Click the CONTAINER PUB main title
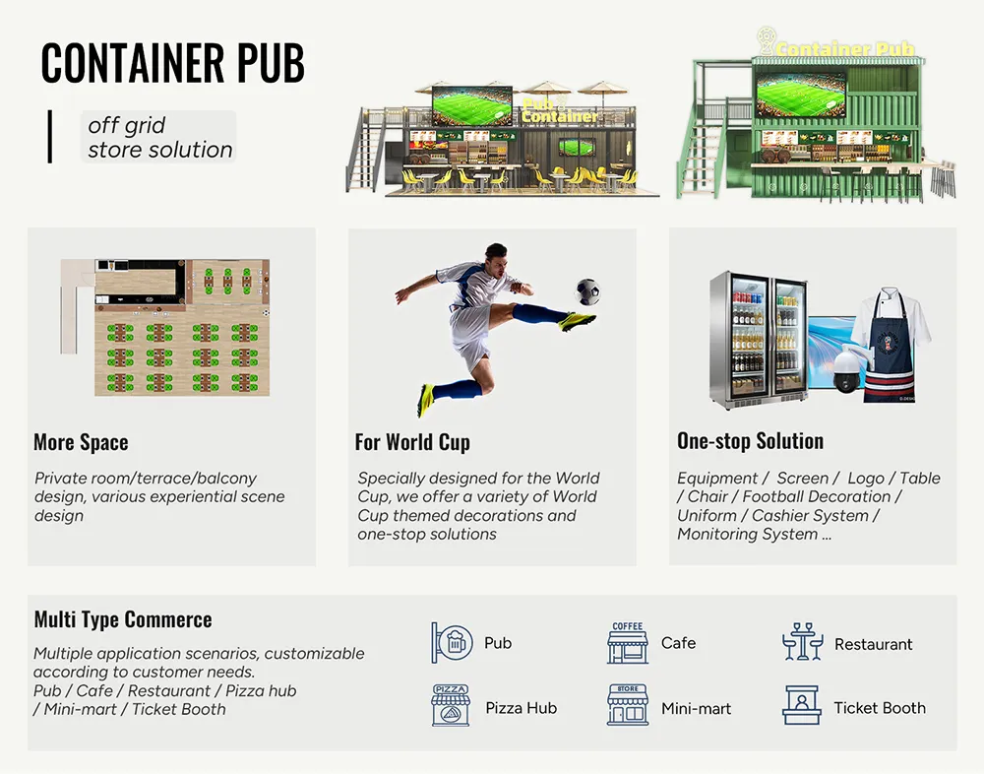pyautogui.click(x=173, y=64)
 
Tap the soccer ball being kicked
pyautogui.click(x=586, y=290)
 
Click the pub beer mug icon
pyautogui.click(x=451, y=643)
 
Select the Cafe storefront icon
pyautogui.click(x=628, y=643)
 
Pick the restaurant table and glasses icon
pyautogui.click(x=803, y=643)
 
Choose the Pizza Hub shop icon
pyautogui.click(x=451, y=706)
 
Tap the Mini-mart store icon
pyautogui.click(x=628, y=706)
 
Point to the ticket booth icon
pyautogui.click(x=801, y=706)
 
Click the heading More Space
pyautogui.click(x=81, y=442)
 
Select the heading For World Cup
pyautogui.click(x=412, y=442)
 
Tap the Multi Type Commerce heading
pyautogui.click(x=123, y=619)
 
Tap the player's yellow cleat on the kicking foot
pyautogui.click(x=578, y=321)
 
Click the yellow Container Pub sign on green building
pyautogui.click(x=844, y=48)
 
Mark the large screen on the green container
pyautogui.click(x=800, y=94)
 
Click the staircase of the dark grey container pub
pyautogui.click(x=366, y=153)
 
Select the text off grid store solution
pyautogui.click(x=159, y=138)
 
